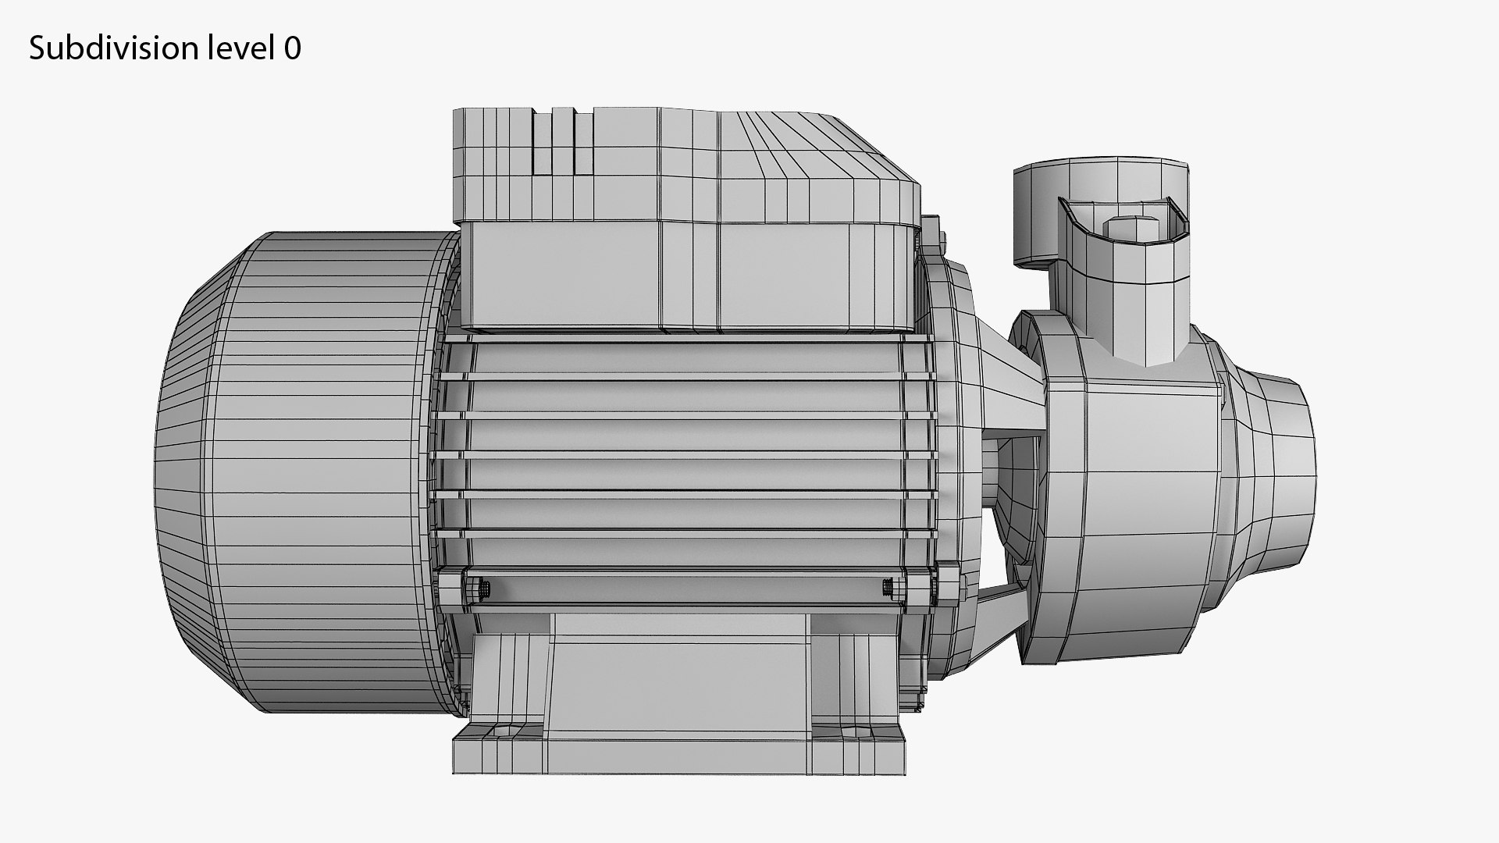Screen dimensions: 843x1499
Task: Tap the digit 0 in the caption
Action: point(293,49)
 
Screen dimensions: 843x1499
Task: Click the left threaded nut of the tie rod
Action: point(482,589)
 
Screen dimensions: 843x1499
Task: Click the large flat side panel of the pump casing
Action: point(1148,515)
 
